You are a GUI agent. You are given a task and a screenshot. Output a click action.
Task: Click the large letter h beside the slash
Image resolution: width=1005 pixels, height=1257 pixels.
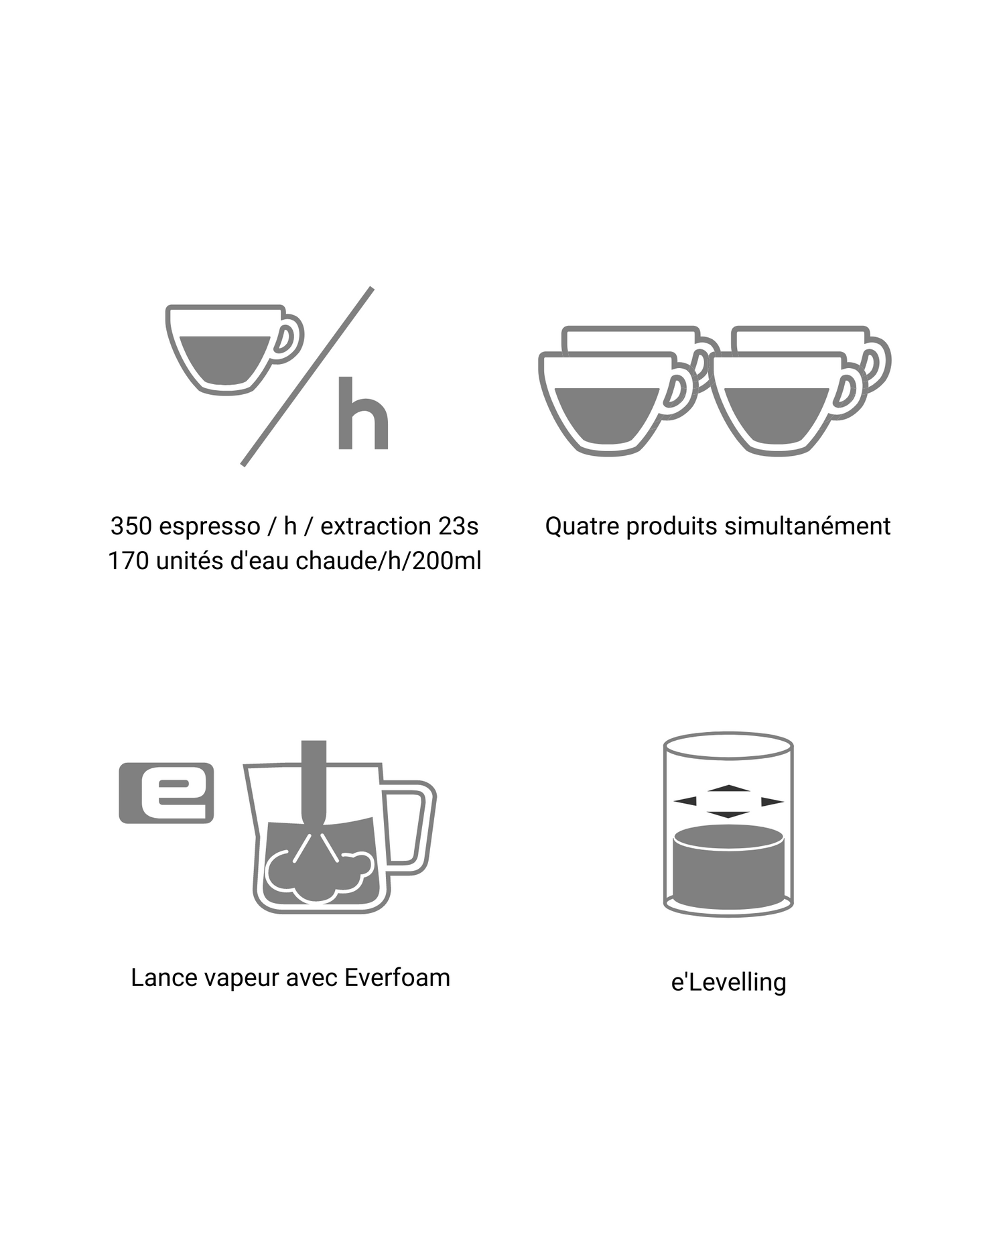(363, 413)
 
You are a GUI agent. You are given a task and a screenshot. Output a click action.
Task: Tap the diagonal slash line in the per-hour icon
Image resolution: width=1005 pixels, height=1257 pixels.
(307, 377)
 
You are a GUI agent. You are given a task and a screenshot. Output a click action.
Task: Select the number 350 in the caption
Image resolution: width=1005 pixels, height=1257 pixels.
(132, 526)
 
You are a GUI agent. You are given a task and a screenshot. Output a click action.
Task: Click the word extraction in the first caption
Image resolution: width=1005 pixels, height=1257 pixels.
(375, 526)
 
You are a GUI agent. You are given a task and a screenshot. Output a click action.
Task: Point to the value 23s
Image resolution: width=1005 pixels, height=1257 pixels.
(458, 526)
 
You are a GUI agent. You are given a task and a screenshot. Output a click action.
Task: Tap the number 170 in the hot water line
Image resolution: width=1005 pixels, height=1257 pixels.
(129, 560)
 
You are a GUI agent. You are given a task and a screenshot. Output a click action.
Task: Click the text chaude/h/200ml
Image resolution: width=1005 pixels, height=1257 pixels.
(388, 560)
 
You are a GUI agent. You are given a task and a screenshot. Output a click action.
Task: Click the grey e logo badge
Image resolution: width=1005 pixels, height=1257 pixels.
(166, 792)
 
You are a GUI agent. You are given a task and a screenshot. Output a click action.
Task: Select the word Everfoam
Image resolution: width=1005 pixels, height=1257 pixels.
(397, 977)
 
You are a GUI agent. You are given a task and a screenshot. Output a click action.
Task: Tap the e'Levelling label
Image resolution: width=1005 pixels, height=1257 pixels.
(728, 982)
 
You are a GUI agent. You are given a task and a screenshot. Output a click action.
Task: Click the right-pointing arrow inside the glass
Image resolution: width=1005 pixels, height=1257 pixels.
(773, 802)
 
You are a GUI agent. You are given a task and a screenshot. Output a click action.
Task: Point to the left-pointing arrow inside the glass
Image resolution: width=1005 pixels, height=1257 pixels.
(685, 801)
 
